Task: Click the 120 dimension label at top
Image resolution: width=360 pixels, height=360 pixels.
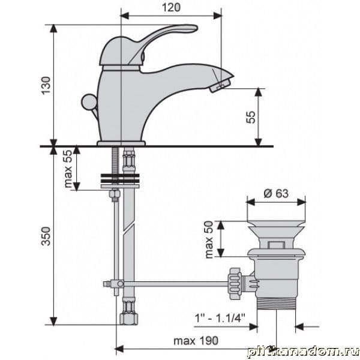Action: click(171, 7)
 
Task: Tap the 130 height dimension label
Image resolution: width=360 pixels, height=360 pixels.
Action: click(46, 85)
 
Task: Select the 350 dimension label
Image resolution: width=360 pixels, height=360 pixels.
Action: click(46, 236)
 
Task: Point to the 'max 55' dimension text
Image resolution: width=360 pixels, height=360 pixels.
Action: click(68, 169)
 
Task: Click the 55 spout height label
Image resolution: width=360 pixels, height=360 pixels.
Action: click(251, 117)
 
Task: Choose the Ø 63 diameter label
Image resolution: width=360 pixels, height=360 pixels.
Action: click(276, 193)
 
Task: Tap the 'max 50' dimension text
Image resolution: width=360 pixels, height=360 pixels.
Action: click(209, 239)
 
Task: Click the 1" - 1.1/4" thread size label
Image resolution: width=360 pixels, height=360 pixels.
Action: click(220, 319)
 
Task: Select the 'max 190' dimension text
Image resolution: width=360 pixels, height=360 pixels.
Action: click(196, 341)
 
